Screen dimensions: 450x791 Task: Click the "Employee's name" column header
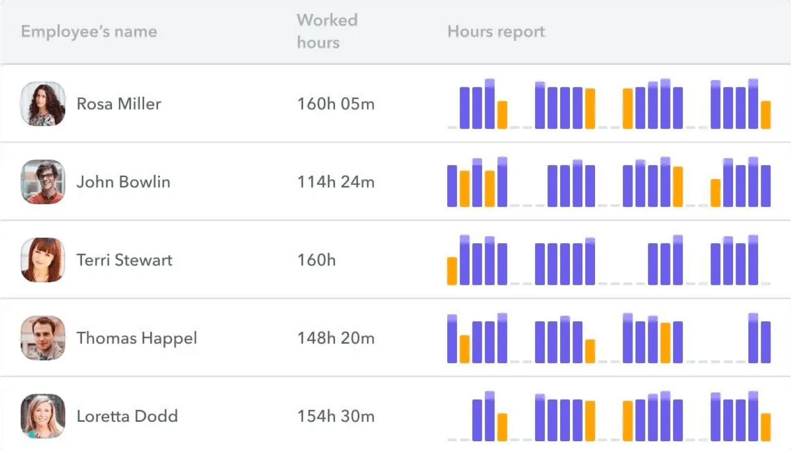(x=89, y=32)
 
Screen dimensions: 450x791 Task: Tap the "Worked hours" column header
(x=327, y=31)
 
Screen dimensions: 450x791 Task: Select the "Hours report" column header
(x=496, y=32)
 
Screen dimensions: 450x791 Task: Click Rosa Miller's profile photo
(x=43, y=104)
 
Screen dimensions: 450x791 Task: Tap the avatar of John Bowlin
(x=43, y=182)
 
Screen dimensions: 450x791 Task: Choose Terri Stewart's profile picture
(x=43, y=260)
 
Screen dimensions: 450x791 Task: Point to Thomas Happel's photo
(x=43, y=338)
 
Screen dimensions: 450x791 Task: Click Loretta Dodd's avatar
(x=43, y=416)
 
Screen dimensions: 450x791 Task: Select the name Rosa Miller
(x=118, y=104)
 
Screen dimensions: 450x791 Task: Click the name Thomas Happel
(x=136, y=338)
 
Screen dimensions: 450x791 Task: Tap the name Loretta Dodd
(x=127, y=416)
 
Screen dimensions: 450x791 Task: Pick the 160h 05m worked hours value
(x=335, y=104)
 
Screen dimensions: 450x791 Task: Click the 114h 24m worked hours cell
(x=335, y=182)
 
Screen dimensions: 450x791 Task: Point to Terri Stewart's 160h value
(x=316, y=260)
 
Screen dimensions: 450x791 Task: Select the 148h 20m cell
(x=335, y=338)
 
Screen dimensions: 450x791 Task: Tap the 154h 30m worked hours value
(x=335, y=416)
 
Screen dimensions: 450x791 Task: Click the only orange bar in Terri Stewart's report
(x=452, y=271)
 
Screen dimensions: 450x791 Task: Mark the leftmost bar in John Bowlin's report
(x=452, y=186)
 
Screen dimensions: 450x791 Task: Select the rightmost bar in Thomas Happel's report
(x=765, y=342)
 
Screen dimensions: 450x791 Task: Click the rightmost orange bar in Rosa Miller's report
(x=765, y=115)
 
